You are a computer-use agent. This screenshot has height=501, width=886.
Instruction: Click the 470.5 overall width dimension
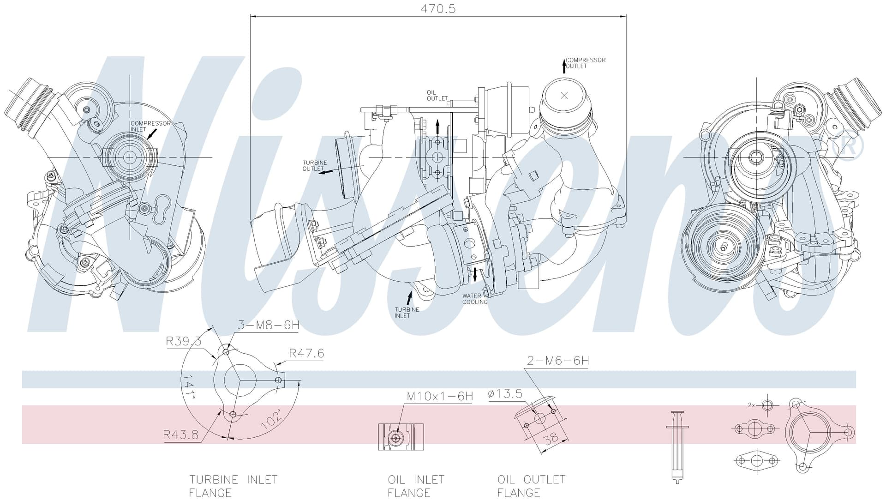pos(438,9)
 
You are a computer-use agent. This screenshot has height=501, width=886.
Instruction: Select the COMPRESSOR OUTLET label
pos(585,63)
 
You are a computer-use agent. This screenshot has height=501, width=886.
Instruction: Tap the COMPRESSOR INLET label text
pos(150,126)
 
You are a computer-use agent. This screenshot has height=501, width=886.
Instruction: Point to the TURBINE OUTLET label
pos(315,166)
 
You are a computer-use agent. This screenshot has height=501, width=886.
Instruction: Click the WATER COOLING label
pos(475,299)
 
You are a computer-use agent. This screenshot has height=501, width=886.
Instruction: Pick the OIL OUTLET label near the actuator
pos(437,96)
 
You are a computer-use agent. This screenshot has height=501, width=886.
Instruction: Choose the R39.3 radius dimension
pos(184,341)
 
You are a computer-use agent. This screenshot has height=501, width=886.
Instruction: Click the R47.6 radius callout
pos(306,353)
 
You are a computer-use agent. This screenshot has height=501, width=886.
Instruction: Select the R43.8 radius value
pos(180,435)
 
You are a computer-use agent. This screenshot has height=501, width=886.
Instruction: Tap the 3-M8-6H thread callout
pos(269,325)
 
